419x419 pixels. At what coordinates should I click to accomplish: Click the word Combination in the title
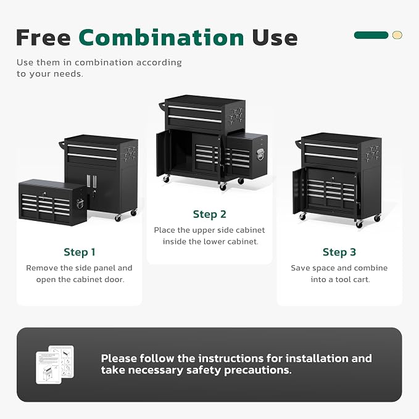click(x=161, y=38)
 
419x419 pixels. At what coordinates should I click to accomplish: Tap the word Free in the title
click(x=43, y=38)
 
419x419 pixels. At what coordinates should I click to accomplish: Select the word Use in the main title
click(x=275, y=38)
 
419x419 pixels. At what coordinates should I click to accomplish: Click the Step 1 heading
click(x=80, y=252)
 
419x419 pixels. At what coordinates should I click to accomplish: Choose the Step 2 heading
click(x=210, y=214)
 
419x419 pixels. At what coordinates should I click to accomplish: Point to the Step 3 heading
click(x=339, y=252)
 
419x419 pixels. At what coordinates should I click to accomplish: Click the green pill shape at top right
click(x=371, y=35)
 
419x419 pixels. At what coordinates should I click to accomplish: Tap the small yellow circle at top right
click(x=397, y=35)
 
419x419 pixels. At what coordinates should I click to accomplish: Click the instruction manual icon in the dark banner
click(x=55, y=365)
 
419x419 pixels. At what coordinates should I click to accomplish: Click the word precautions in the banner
click(x=258, y=370)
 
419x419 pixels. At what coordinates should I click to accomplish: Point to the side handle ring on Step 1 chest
click(x=80, y=204)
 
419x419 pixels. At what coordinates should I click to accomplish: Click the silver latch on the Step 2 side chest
click(x=260, y=154)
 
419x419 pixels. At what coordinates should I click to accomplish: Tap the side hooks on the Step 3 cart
click(x=373, y=153)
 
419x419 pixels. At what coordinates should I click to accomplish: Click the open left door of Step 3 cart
click(x=299, y=191)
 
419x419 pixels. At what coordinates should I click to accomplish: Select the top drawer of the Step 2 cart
click(x=195, y=110)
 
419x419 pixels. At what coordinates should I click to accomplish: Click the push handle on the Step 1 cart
click(x=62, y=146)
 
